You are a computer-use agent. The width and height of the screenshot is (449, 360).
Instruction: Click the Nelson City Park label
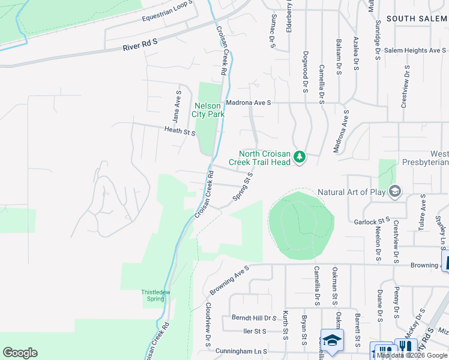206,110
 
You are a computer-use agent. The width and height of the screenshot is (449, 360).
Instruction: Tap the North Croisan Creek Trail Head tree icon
300,158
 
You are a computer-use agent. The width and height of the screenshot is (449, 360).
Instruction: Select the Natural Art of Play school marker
395,192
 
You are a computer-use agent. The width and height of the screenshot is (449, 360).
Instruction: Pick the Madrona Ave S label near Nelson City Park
247,103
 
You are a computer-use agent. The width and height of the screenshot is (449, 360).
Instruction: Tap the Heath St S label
180,130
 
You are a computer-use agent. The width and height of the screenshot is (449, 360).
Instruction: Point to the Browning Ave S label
229,280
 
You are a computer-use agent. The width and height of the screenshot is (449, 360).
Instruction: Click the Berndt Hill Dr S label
253,317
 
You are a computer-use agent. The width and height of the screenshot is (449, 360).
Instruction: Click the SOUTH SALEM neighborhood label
417,19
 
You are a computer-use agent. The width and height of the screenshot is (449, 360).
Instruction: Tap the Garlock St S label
372,221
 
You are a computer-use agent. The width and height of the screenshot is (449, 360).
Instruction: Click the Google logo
20,353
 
